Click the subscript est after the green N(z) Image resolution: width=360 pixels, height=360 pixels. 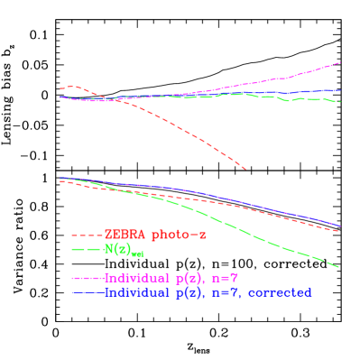click(137, 254)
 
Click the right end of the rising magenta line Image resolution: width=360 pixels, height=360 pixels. click(340, 62)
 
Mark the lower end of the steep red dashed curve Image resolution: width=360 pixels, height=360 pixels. click(245, 168)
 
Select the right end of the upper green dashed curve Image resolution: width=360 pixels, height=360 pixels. click(340, 102)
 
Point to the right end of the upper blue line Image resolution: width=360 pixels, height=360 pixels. click(340, 90)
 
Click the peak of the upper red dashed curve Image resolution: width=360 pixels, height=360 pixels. click(71, 87)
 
